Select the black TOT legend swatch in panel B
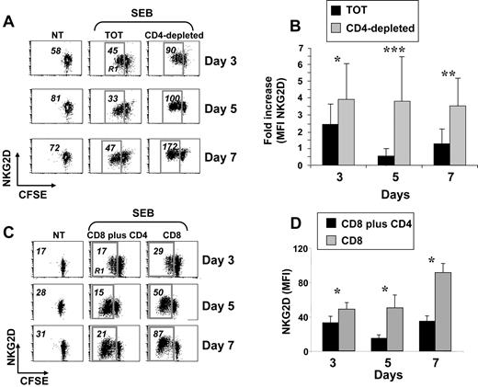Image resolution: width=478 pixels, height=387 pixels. coord(324,9)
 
